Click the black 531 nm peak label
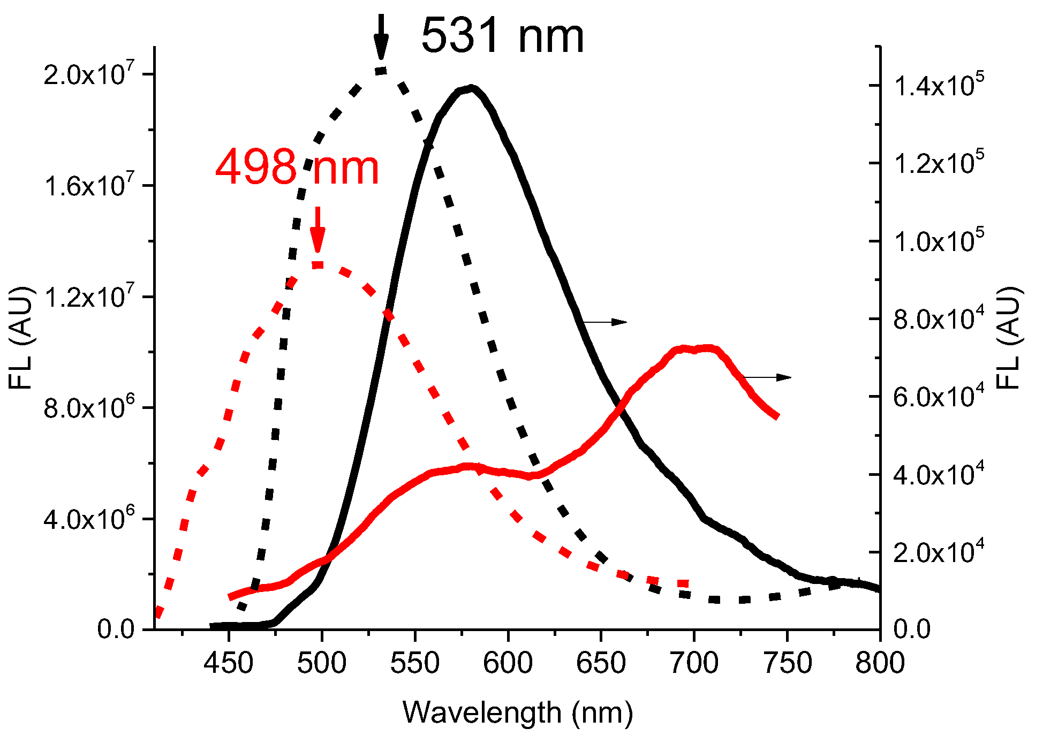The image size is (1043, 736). coord(502,36)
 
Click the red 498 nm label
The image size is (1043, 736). coord(297,168)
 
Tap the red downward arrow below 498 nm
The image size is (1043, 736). coord(318,230)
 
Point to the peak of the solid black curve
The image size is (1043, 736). coord(471,88)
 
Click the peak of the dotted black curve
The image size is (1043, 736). coord(381,71)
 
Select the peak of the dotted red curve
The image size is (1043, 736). coord(318,264)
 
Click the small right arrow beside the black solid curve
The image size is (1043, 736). coord(605,322)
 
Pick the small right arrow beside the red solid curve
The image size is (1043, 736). coord(768,377)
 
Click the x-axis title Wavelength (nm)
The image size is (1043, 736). coord(518,713)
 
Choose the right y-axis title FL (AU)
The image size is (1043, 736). coord(1010,338)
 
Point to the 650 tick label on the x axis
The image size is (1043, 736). coord(601,664)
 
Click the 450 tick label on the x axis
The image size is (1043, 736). coord(229,664)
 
